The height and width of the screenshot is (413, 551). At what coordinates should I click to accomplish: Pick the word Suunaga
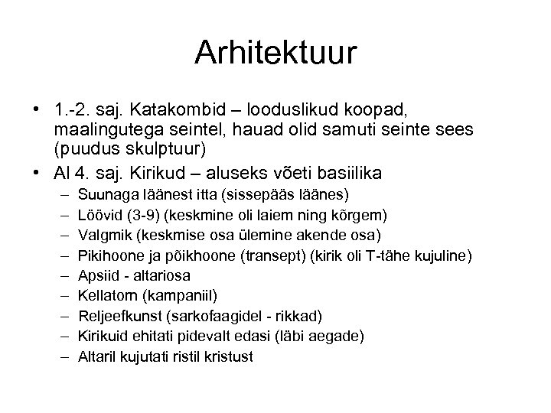pos(106,191)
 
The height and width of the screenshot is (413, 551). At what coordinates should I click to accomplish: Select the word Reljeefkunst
pos(119,315)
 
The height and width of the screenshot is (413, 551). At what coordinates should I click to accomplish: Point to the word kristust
pos(228,356)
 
